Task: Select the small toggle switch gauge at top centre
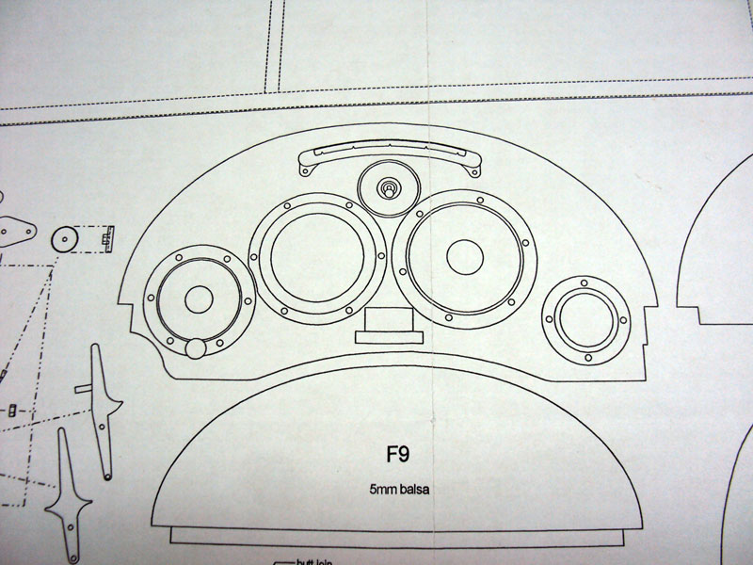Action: [387, 188]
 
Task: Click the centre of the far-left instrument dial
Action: [198, 299]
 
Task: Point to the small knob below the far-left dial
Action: [195, 348]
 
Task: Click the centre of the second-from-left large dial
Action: [316, 254]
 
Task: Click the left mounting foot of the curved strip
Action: [304, 170]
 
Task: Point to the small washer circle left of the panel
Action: [66, 239]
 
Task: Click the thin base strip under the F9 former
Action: [395, 535]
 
